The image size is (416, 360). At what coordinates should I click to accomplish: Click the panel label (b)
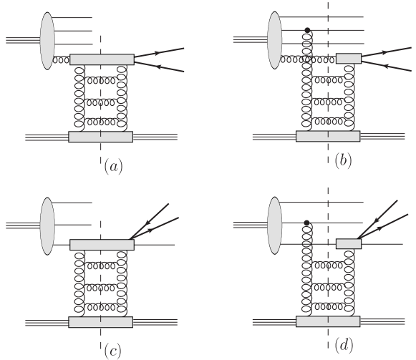(344, 162)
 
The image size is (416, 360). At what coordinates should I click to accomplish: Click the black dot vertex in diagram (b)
(307, 30)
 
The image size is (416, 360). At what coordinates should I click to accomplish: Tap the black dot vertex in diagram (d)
(307, 223)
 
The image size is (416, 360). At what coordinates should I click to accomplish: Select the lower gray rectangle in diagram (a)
(101, 136)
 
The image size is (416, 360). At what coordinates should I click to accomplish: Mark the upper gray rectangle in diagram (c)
(102, 245)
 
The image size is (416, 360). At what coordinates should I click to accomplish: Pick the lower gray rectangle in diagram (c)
(101, 322)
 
